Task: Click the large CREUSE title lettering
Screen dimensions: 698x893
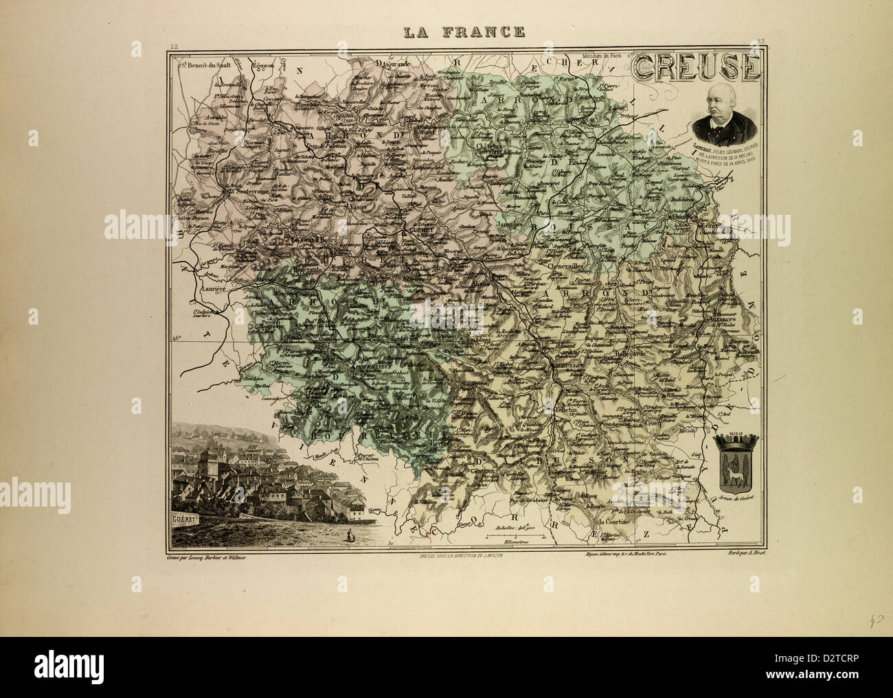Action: [x=695, y=68]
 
